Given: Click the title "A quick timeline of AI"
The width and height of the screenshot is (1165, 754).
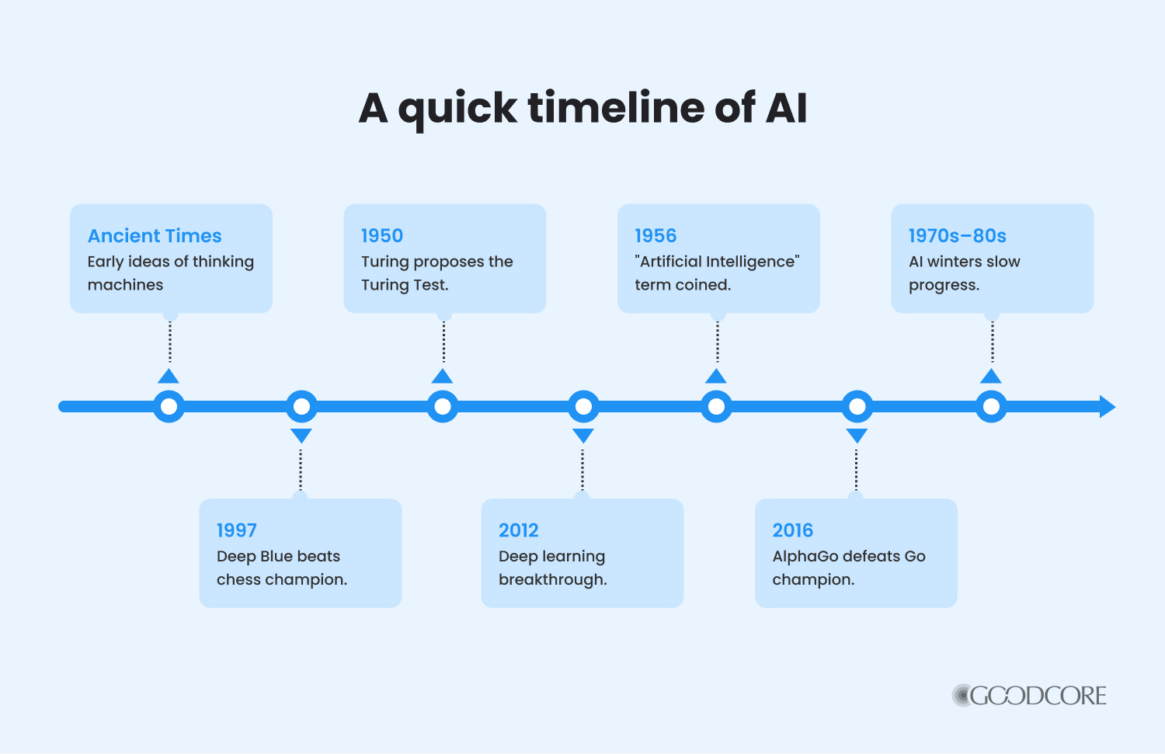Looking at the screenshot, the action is point(582,109).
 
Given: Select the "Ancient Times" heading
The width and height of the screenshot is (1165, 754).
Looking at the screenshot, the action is point(155,235).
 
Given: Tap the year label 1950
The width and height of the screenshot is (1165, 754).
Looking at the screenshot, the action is point(382,235).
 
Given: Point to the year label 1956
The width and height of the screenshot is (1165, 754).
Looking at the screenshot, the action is point(656,235).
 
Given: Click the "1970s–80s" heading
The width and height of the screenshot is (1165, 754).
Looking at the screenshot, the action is point(958,235).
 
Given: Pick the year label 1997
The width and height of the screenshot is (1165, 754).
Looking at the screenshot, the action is point(237,530).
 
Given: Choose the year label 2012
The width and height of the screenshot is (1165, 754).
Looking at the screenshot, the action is point(519,530).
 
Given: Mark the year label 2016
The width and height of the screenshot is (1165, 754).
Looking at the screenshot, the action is point(793,530).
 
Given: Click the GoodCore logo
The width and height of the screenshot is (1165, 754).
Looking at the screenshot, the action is point(1029,695).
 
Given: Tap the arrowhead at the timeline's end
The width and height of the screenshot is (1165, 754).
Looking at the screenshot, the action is point(1108,407).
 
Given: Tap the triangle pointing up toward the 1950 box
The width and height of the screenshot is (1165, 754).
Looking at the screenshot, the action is point(442,377).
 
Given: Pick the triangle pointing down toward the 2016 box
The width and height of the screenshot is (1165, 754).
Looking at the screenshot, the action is point(857,435).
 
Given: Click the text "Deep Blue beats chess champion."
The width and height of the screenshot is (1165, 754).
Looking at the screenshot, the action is point(282,568).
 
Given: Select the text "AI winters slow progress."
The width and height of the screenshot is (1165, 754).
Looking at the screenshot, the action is point(965,273).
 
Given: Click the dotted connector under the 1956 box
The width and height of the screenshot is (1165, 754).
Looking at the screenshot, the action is point(718,342).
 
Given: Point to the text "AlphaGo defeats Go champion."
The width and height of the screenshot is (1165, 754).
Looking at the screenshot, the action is point(849,568).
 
